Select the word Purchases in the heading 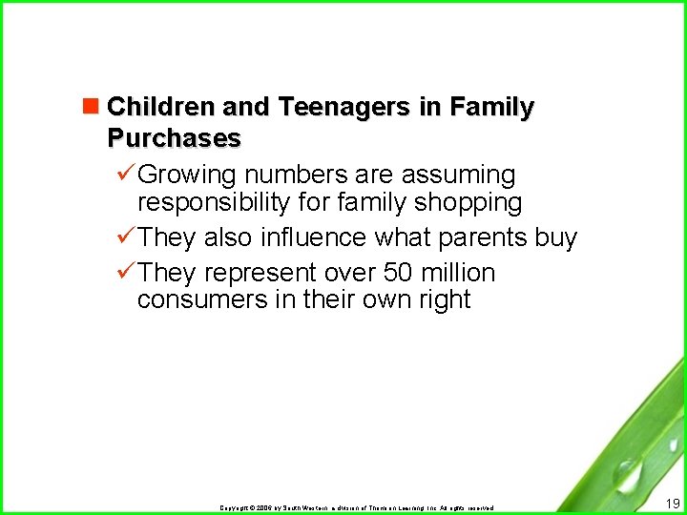[x=174, y=138]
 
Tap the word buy [x=555, y=237]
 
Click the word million [x=461, y=273]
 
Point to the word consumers [x=197, y=299]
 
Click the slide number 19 [x=672, y=503]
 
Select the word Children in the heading [x=162, y=108]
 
